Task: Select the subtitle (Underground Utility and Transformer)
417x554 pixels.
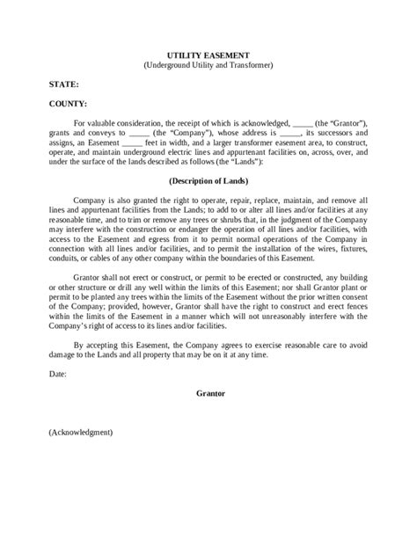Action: click(208, 64)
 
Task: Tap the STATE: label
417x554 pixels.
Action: click(63, 85)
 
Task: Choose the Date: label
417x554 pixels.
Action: click(60, 373)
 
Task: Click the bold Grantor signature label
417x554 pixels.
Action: click(208, 392)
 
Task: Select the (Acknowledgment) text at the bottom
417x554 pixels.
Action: click(80, 433)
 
